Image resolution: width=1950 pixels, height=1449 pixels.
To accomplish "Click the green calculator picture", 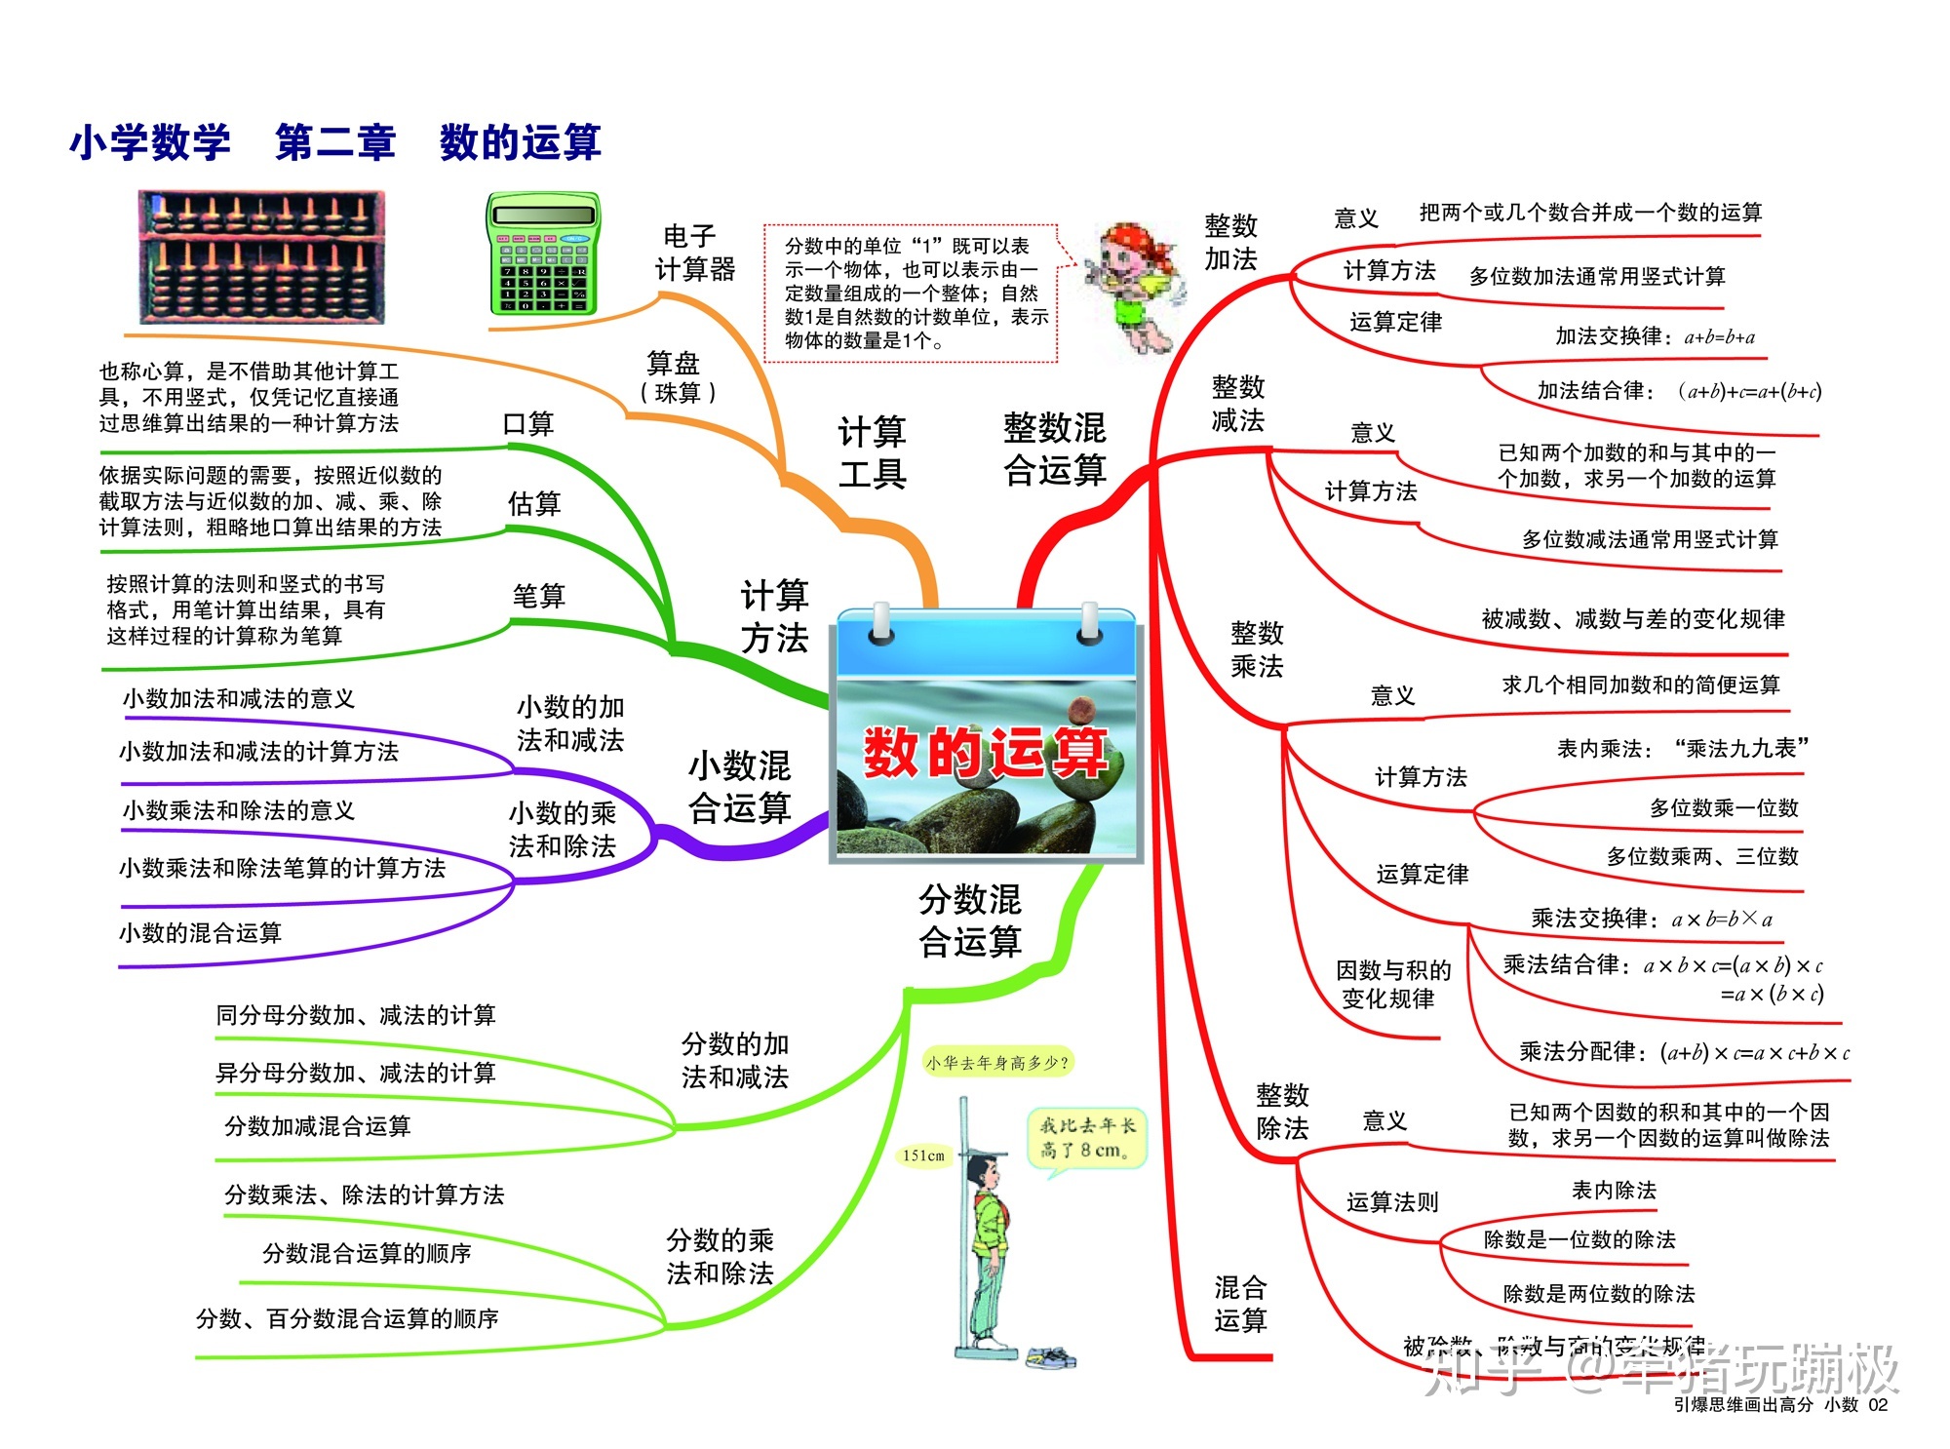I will pyautogui.click(x=543, y=254).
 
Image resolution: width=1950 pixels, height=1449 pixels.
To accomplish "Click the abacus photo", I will pyautogui.click(x=261, y=257).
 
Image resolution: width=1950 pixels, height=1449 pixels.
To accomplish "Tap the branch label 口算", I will pyautogui.click(x=527, y=424).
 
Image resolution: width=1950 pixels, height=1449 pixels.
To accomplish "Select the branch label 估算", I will pyautogui.click(x=534, y=504).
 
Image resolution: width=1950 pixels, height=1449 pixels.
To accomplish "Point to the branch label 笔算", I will pyautogui.click(x=538, y=596).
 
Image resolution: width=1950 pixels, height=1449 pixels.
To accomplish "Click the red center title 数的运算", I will pyautogui.click(x=985, y=754).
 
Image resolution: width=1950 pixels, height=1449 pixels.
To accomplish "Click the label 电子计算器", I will pyautogui.click(x=694, y=254).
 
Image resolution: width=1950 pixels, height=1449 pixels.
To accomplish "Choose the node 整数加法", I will pyautogui.click(x=1230, y=243).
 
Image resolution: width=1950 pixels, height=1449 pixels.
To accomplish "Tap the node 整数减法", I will pyautogui.click(x=1237, y=404).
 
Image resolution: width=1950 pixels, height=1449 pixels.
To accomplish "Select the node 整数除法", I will pyautogui.click(x=1282, y=1112).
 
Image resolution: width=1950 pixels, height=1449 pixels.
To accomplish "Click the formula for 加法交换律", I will pyautogui.click(x=1719, y=337).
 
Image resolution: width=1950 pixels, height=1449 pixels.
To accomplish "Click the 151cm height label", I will pyautogui.click(x=923, y=1155).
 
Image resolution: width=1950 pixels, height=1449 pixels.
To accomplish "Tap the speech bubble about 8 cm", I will pyautogui.click(x=1086, y=1138).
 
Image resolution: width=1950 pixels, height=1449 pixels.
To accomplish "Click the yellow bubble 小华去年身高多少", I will pyautogui.click(x=996, y=1062).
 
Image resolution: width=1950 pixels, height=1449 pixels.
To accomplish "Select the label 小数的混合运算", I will pyautogui.click(x=200, y=933).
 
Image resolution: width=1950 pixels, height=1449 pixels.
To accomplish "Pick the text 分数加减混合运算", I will pyautogui.click(x=318, y=1126).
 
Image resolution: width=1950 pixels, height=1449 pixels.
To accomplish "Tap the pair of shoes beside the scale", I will pyautogui.click(x=1049, y=1356).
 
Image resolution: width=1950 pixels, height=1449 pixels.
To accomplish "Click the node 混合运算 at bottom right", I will pyautogui.click(x=1240, y=1304).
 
